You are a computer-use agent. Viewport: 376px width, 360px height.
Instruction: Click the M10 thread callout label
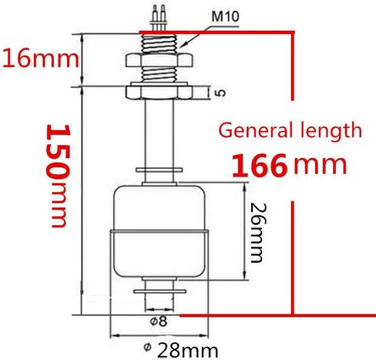pos(225,16)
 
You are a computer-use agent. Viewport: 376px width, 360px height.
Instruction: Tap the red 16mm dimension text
pos(41,59)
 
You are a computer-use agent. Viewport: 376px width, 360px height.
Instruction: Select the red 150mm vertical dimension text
pos(58,176)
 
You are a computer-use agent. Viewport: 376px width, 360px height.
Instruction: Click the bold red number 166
pos(259,166)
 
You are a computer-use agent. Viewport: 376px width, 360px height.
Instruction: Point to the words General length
pos(290,130)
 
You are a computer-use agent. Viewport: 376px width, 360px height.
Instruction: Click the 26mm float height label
pos(257,233)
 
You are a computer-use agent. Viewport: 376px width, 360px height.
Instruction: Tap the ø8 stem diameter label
pos(159,321)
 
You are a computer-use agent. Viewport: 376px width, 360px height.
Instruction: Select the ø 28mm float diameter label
pos(181,351)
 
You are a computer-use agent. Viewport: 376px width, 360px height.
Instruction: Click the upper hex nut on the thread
pos(159,60)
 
